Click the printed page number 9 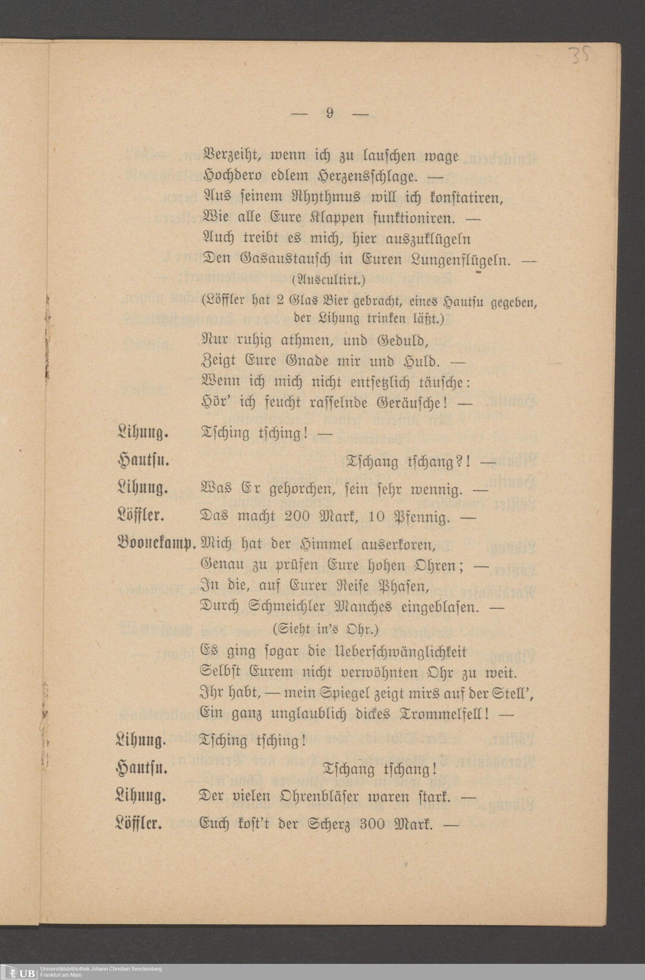[x=330, y=113]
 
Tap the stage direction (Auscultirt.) [x=328, y=281]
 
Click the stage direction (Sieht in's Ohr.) [x=328, y=629]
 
